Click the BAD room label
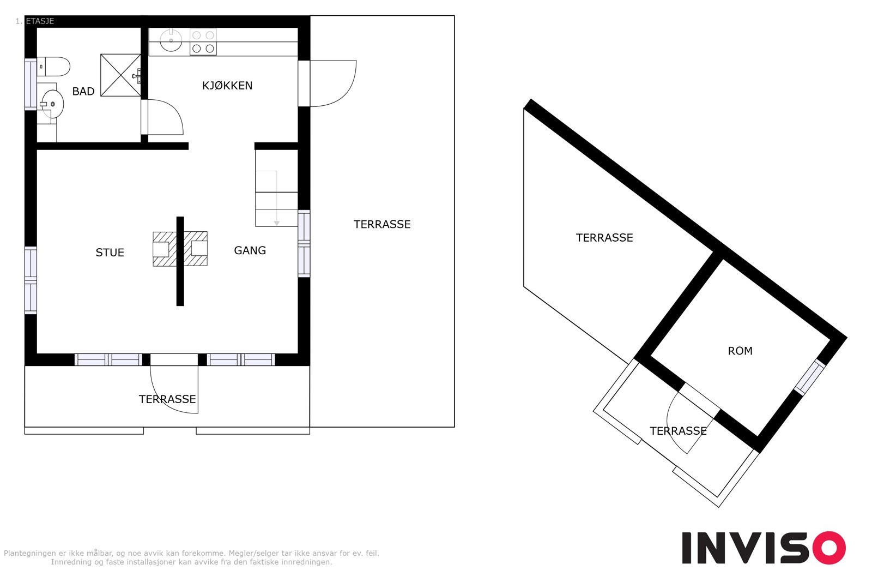click(x=83, y=91)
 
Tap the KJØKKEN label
click(x=227, y=85)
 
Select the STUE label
click(x=110, y=252)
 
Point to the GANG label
click(x=250, y=250)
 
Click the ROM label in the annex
click(x=740, y=351)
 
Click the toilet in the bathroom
click(x=54, y=67)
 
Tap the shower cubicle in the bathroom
click(x=120, y=75)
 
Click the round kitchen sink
click(x=171, y=40)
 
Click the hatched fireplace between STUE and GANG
click(x=180, y=249)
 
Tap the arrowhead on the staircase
click(x=277, y=223)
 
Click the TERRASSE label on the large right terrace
click(x=381, y=224)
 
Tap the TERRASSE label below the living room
click(x=167, y=399)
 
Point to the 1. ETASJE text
click(x=34, y=21)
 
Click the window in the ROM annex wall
click(x=809, y=376)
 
